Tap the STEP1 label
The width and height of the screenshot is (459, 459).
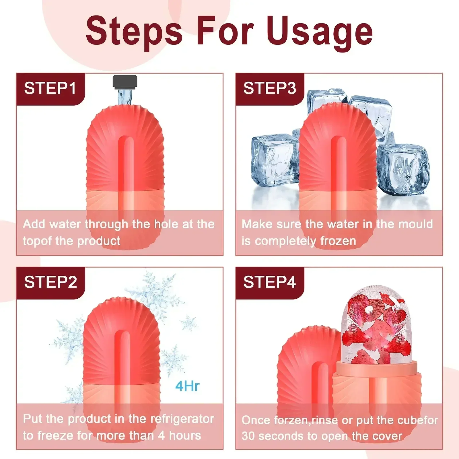tap(50, 88)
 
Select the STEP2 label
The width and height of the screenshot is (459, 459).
tap(50, 282)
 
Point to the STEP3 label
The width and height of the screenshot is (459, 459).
tap(269, 88)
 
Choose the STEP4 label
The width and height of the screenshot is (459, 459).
tap(269, 282)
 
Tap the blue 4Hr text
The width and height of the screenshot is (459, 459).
tap(187, 386)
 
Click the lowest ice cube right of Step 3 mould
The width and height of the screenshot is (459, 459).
tap(403, 169)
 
